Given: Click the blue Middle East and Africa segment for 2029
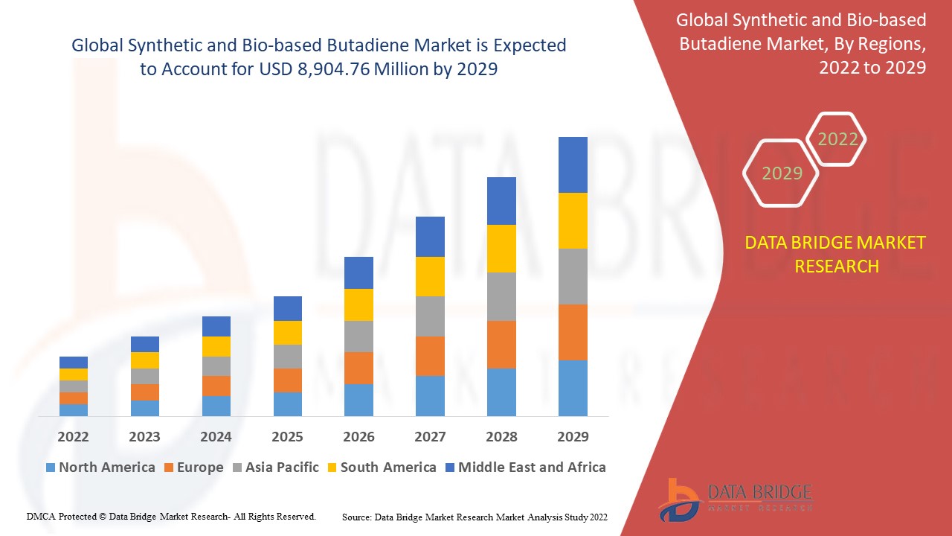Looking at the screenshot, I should [573, 165].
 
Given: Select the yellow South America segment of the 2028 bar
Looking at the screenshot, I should [501, 248].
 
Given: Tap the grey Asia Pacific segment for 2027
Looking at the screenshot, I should [430, 316].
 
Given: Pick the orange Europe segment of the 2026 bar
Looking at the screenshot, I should [358, 368].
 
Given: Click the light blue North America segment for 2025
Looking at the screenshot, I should [288, 403].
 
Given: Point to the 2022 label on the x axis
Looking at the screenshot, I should [73, 436].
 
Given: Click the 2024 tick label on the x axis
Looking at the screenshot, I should [216, 436].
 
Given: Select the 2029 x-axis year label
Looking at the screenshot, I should [573, 436].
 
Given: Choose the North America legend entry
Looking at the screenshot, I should [100, 468].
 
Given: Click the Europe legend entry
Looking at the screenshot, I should [193, 468].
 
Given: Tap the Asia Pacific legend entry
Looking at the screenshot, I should [274, 468].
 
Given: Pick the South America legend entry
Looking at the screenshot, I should [381, 468].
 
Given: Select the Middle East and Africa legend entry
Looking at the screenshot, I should [525, 468].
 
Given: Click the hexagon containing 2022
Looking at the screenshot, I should [837, 139].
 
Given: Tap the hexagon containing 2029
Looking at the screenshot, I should [782, 173].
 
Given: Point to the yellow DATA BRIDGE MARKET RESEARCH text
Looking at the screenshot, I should [835, 254].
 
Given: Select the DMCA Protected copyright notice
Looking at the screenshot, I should [171, 516].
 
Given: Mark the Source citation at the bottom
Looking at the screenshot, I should [475, 516].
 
